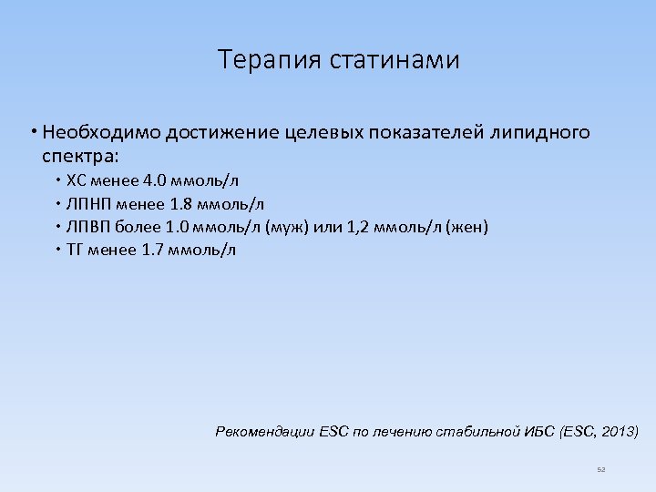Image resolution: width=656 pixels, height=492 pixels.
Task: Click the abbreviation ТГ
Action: click(x=76, y=249)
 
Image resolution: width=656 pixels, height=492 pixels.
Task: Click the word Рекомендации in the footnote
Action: click(x=265, y=430)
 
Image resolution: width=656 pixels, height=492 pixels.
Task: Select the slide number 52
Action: click(x=600, y=469)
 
